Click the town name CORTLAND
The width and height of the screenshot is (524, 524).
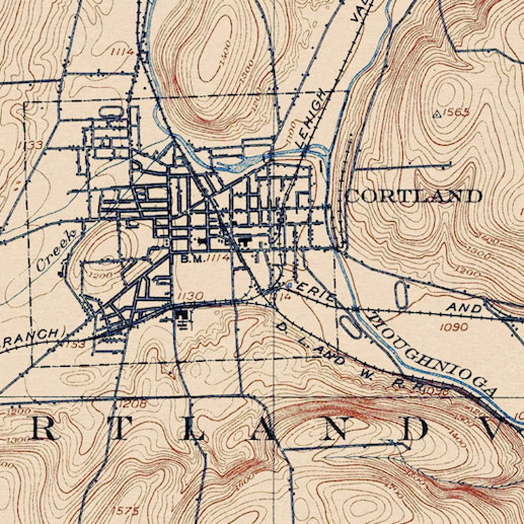pos(413,195)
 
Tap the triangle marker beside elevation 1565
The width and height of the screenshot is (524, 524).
pos(436,114)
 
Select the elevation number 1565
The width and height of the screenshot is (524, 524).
pos(456,112)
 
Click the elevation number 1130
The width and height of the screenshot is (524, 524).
pos(190,295)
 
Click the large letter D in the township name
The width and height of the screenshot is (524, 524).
pos(415,430)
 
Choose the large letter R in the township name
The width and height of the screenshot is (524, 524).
pos(44,430)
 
